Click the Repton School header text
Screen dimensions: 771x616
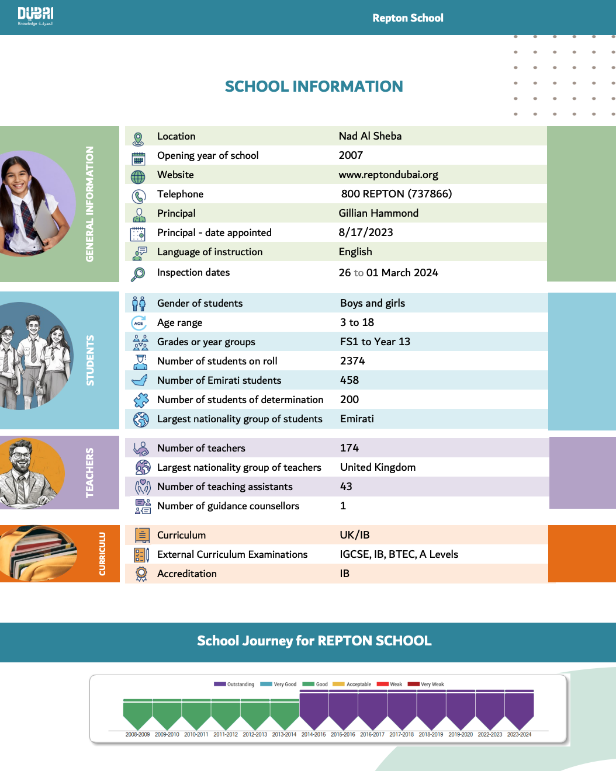pyautogui.click(x=408, y=18)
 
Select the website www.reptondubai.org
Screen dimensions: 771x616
pyautogui.click(x=388, y=175)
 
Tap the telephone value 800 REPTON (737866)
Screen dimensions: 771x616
pyautogui.click(x=396, y=194)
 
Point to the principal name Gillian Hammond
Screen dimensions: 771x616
pyautogui.click(x=378, y=213)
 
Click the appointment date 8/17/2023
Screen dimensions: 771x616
pyautogui.click(x=365, y=232)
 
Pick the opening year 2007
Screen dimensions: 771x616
pyautogui.click(x=351, y=155)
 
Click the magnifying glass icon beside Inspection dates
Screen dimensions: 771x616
pyautogui.click(x=138, y=273)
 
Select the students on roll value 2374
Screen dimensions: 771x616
pyautogui.click(x=352, y=361)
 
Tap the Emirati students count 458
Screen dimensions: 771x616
pyautogui.click(x=349, y=380)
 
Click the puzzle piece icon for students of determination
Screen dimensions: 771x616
pyautogui.click(x=141, y=400)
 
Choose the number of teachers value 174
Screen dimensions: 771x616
pyautogui.click(x=349, y=448)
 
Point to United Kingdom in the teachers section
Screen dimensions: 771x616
pyautogui.click(x=378, y=467)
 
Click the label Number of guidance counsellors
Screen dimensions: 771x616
pyautogui.click(x=228, y=506)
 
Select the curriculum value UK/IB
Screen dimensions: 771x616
pyautogui.click(x=355, y=535)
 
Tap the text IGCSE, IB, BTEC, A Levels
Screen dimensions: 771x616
pyautogui.click(x=399, y=554)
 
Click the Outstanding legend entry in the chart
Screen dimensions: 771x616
pyautogui.click(x=234, y=684)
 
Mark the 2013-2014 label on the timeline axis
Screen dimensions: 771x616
pyautogui.click(x=284, y=734)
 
